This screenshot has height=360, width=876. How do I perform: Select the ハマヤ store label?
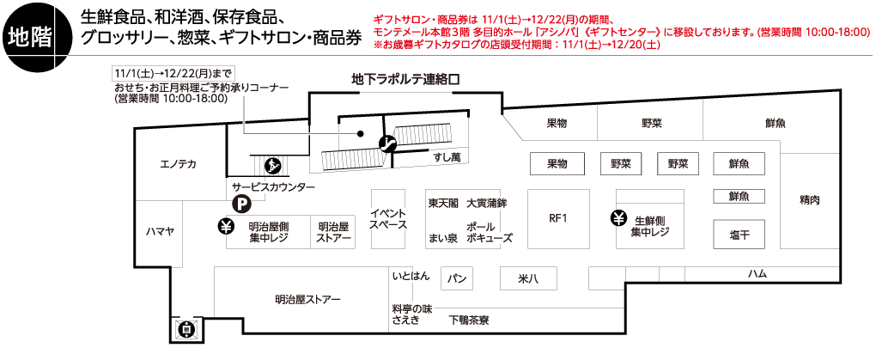click(x=160, y=230)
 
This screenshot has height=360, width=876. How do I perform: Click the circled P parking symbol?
click(x=241, y=204)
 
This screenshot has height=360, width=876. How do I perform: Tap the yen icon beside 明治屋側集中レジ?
click(x=226, y=227)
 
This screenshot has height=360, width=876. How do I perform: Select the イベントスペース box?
click(x=388, y=219)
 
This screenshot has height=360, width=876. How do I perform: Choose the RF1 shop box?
click(x=558, y=218)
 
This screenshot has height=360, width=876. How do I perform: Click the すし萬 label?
click(x=447, y=157)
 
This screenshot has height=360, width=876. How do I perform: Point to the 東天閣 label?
click(x=443, y=204)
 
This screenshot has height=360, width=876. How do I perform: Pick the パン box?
click(x=457, y=278)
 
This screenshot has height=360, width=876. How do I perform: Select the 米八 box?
click(x=528, y=278)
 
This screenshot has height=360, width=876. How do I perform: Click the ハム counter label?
click(x=757, y=273)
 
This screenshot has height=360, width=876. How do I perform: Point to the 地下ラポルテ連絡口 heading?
click(x=406, y=78)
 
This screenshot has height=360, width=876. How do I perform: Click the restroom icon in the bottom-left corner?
click(x=186, y=328)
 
